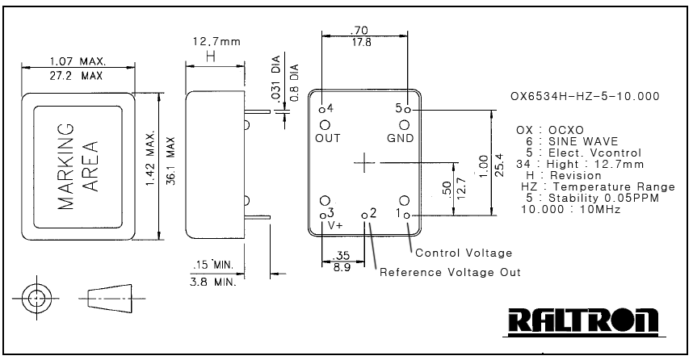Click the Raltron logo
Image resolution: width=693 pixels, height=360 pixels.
[x=583, y=320]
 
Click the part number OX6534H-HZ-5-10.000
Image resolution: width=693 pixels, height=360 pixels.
[x=585, y=96]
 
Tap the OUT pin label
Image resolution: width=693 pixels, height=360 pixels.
[x=327, y=138]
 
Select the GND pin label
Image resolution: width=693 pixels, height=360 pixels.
[x=401, y=138]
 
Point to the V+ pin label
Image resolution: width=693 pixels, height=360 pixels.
[x=335, y=225]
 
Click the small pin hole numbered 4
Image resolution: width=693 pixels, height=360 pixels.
[x=322, y=110]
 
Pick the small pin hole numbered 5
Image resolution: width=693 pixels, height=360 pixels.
[x=408, y=110]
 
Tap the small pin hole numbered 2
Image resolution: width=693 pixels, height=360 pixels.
[x=364, y=216]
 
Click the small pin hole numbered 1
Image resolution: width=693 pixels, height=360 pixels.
[x=407, y=216]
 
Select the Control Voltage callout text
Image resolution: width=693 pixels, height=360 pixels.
[x=464, y=253]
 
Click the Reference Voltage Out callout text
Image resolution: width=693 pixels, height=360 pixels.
[x=450, y=272]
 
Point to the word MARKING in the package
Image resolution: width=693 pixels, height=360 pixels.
[x=66, y=166]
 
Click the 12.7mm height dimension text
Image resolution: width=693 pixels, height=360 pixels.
[x=216, y=41]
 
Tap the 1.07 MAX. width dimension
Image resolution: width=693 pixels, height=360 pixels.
[x=78, y=61]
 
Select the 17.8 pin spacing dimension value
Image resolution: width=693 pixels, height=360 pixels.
[x=362, y=43]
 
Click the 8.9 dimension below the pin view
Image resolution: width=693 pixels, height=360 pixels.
[x=342, y=267]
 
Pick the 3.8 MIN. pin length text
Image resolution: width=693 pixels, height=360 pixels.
[x=213, y=282]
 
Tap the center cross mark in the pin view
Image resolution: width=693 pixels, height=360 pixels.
[x=364, y=162]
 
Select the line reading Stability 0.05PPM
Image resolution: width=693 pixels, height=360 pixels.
[x=593, y=198]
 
